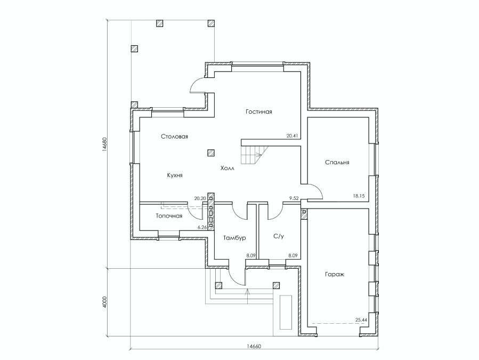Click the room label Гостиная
(x=259, y=111)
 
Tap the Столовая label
(x=174, y=137)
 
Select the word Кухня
(x=175, y=175)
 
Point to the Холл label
(x=228, y=168)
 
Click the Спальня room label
(x=337, y=163)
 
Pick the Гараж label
(x=335, y=274)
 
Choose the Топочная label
(x=169, y=216)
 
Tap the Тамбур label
(x=234, y=238)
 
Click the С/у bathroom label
(x=278, y=236)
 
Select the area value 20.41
(x=293, y=136)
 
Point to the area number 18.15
(x=359, y=196)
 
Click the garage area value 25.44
(x=361, y=320)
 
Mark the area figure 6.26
(x=202, y=227)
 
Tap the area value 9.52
(x=294, y=198)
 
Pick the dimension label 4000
(x=104, y=302)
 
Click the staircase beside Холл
(x=254, y=155)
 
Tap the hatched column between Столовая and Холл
(x=210, y=153)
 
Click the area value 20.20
(x=200, y=198)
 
